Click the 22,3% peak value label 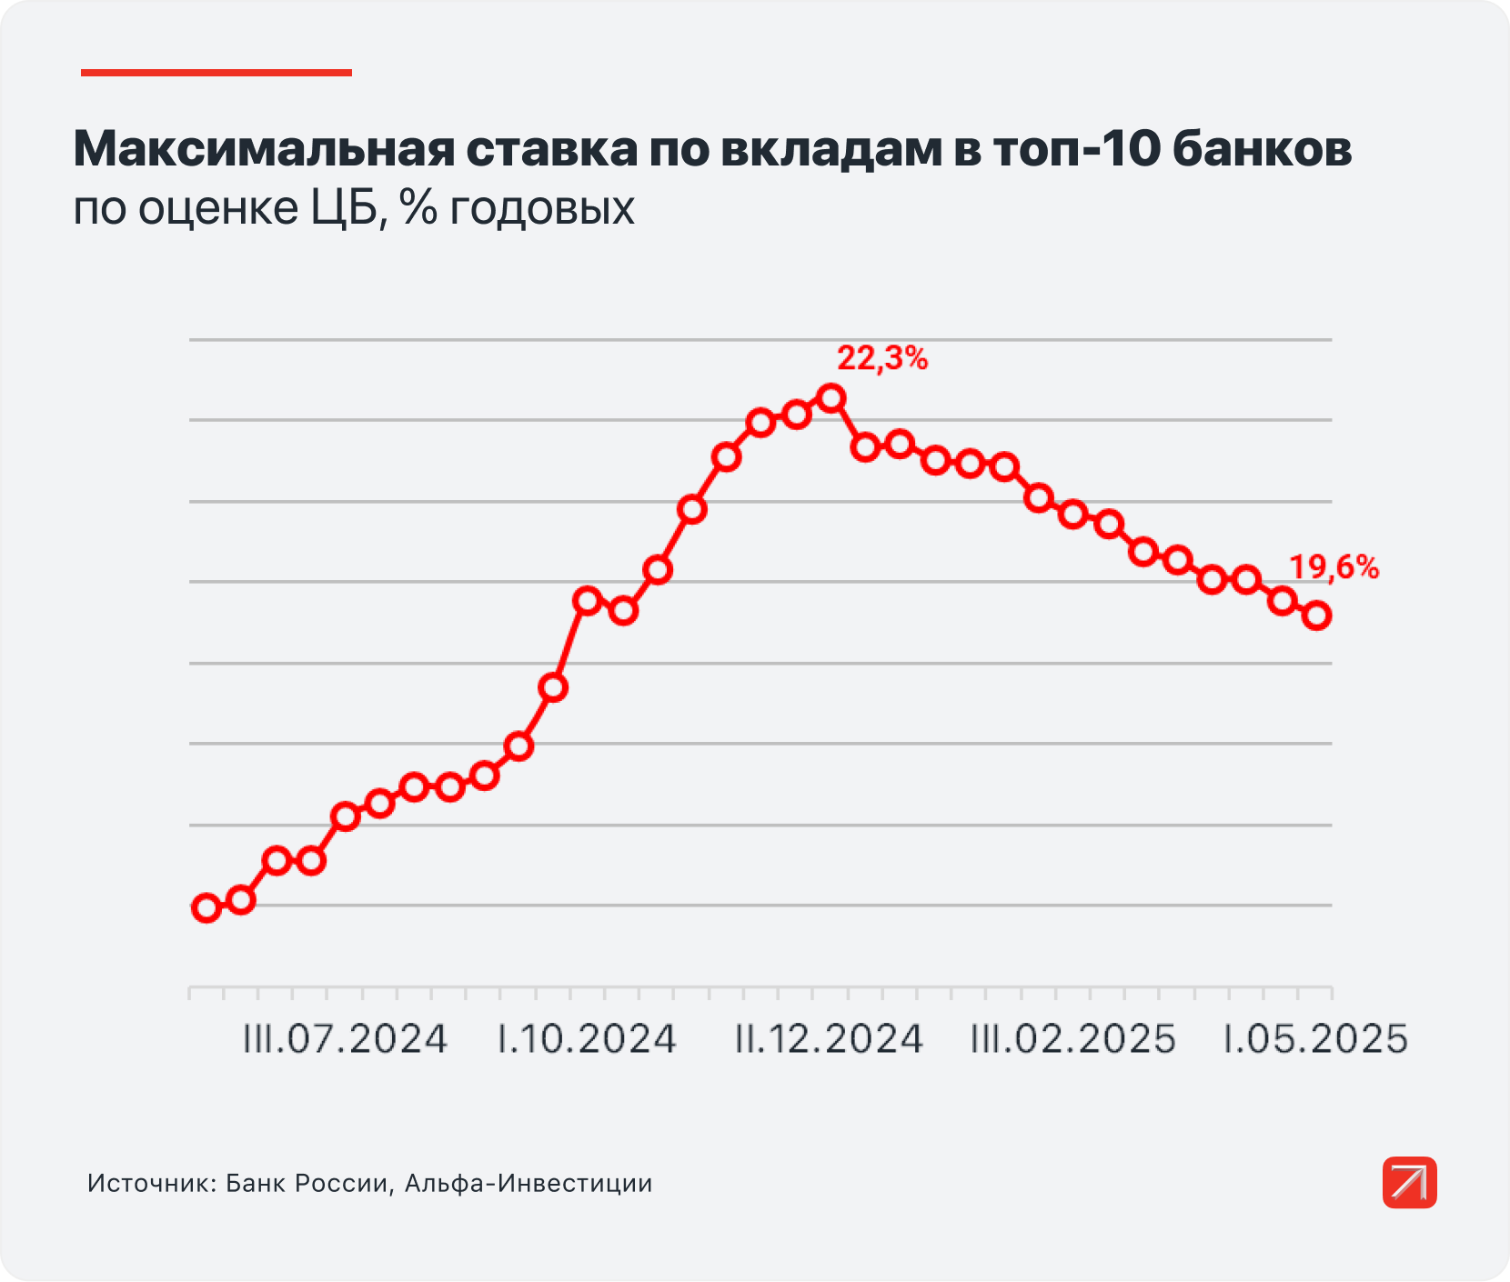[882, 359]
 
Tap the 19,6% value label [1334, 568]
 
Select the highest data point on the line [830, 397]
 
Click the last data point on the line [1316, 616]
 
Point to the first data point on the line [206, 907]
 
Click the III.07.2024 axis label [345, 1039]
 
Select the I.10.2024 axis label [587, 1039]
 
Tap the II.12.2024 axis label [829, 1039]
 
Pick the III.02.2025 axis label [1073, 1039]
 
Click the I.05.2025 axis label [1315, 1039]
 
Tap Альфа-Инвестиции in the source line [528, 1184]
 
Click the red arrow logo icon [1409, 1182]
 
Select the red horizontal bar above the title [216, 73]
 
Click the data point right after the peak [865, 446]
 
